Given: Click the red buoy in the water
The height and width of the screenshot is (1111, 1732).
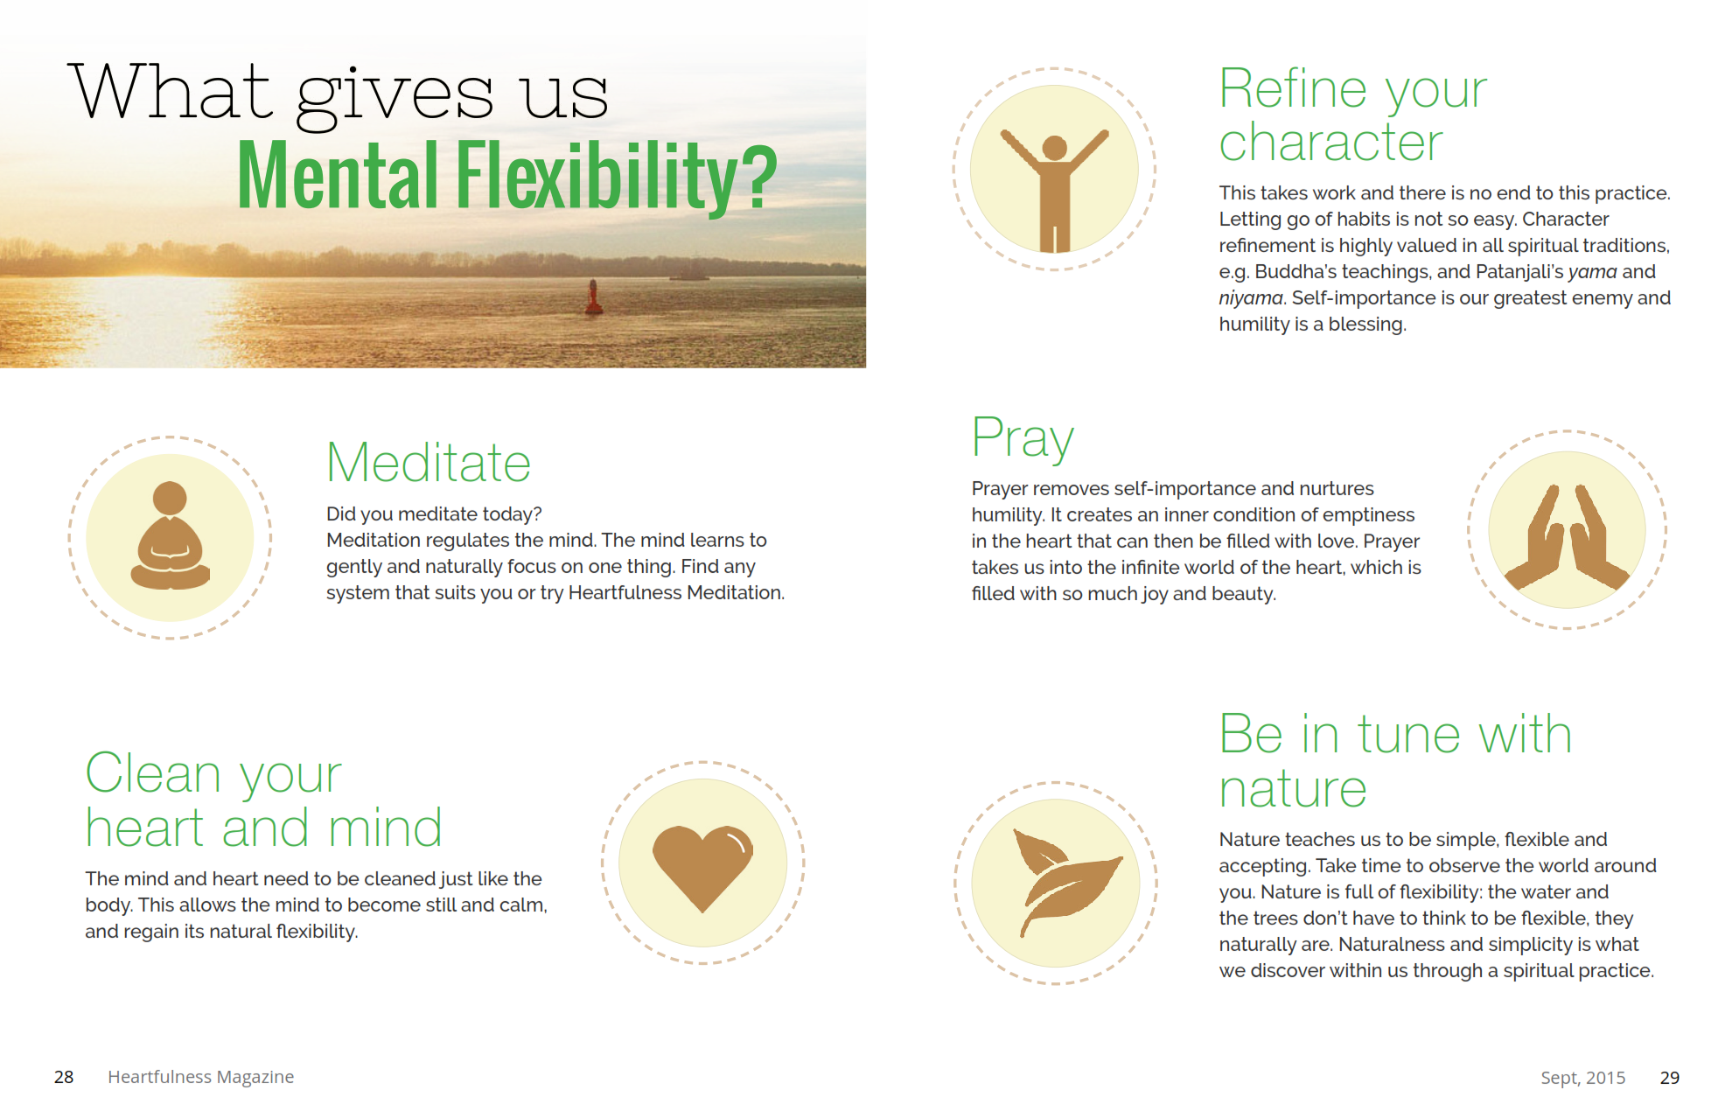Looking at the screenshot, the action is [x=594, y=297].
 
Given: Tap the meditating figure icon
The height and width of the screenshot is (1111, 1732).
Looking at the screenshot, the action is [x=171, y=535].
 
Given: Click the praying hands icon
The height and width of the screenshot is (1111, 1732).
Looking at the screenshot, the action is [x=1567, y=536].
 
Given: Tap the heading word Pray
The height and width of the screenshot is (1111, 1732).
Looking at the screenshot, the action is [x=1023, y=437].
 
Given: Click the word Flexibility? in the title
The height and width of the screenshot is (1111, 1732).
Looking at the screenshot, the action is [x=617, y=177].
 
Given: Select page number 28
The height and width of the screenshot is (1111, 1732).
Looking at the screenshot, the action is [x=64, y=1077].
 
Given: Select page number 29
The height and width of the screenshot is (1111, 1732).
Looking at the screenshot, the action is [x=1670, y=1078].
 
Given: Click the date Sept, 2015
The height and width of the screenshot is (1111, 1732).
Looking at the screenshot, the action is [x=1583, y=1078].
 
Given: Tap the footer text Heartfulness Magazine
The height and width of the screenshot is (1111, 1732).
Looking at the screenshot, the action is [x=200, y=1077].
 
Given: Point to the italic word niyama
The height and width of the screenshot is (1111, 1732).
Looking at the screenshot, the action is [x=1251, y=298].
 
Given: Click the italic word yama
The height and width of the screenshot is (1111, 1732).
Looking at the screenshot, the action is [x=1592, y=272].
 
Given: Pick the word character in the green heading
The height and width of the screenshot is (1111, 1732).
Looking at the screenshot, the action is [x=1330, y=143].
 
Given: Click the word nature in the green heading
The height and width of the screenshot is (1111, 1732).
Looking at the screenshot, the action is [x=1293, y=789].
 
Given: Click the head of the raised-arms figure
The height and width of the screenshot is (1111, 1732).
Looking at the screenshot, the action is [x=1055, y=148].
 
